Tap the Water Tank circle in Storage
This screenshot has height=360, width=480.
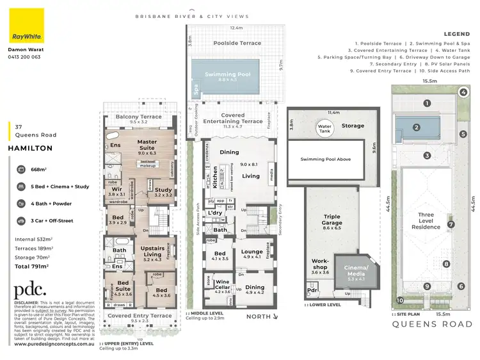(324, 127)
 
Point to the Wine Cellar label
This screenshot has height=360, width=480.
(221, 284)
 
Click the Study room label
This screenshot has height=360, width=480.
(164, 191)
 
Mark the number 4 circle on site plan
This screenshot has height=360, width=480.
(463, 92)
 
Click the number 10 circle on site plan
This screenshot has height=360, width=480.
(400, 300)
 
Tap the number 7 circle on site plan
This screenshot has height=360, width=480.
(451, 224)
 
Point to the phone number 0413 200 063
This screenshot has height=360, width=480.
(24, 56)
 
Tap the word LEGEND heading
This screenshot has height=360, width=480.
(456, 34)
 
